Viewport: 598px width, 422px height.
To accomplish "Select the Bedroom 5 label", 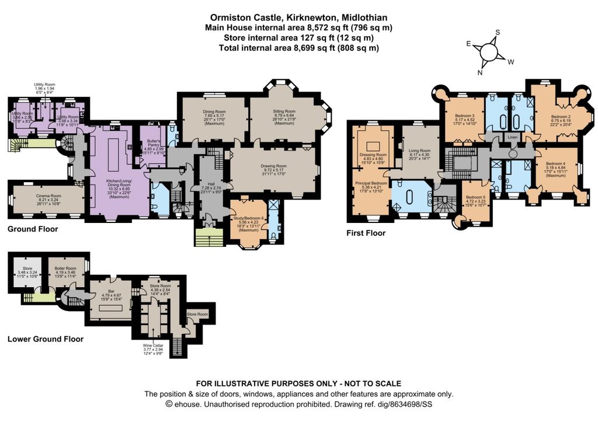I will pyautogui.click(x=475, y=198).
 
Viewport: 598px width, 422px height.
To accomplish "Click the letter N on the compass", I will pyautogui.click(x=481, y=72).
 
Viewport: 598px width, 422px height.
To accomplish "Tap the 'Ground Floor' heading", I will pyautogui.click(x=33, y=229).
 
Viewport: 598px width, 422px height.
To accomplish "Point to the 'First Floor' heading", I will pyautogui.click(x=365, y=233).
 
